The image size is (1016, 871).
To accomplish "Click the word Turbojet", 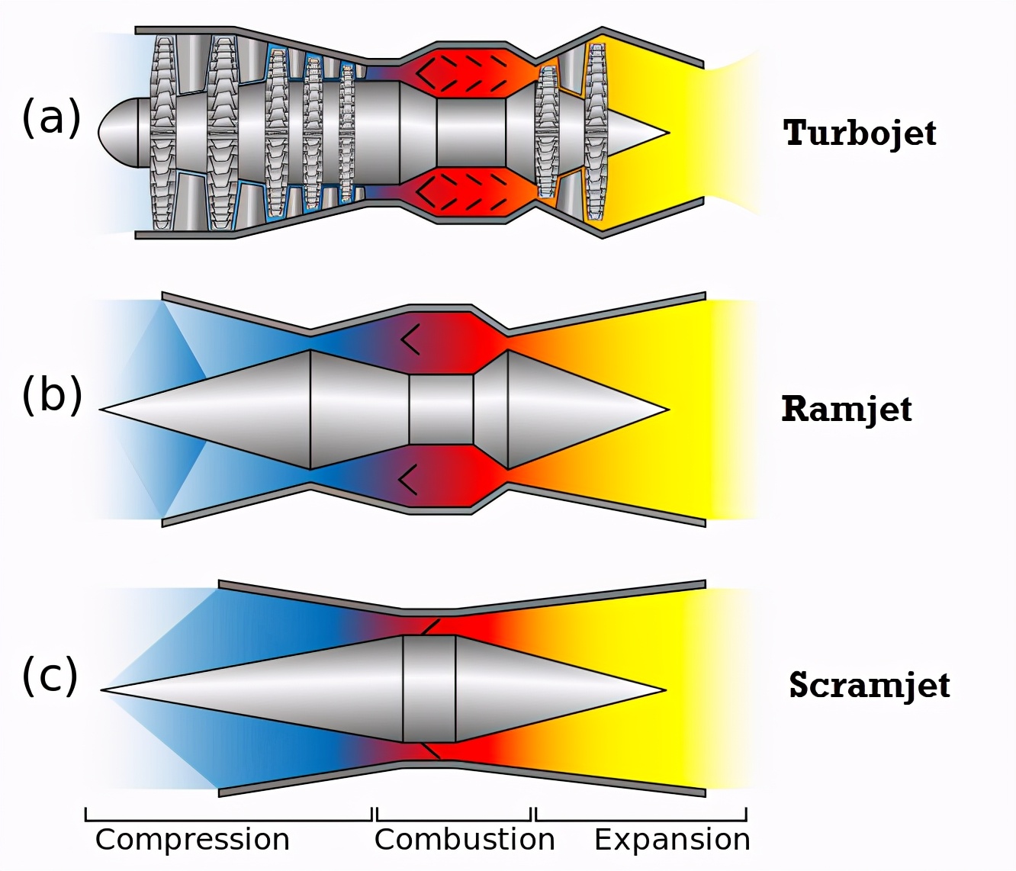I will pyautogui.click(x=860, y=133).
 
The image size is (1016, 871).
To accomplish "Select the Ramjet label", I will pyautogui.click(x=846, y=409).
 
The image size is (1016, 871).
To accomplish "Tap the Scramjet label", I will pyautogui.click(x=869, y=685).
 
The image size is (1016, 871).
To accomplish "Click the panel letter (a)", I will pyautogui.click(x=51, y=118).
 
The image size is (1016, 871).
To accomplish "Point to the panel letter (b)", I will pyautogui.click(x=52, y=394).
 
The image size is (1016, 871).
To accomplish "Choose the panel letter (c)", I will pyautogui.click(x=50, y=675).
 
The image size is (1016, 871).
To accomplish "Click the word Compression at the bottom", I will pyautogui.click(x=192, y=839).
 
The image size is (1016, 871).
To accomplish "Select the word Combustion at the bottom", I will pyautogui.click(x=465, y=839).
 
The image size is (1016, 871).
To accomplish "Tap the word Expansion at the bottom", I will pyautogui.click(x=672, y=839).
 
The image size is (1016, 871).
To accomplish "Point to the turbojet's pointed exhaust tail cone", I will pyautogui.click(x=641, y=133).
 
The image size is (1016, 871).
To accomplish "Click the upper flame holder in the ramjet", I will pyautogui.click(x=410, y=339).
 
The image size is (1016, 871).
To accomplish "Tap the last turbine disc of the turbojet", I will pyautogui.click(x=596, y=132).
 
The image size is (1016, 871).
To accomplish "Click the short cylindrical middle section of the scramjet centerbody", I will pyautogui.click(x=429, y=689).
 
